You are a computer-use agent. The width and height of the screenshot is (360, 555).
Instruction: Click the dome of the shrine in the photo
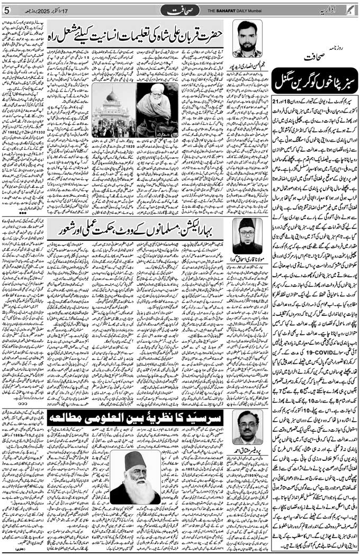(x=112, y=96)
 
